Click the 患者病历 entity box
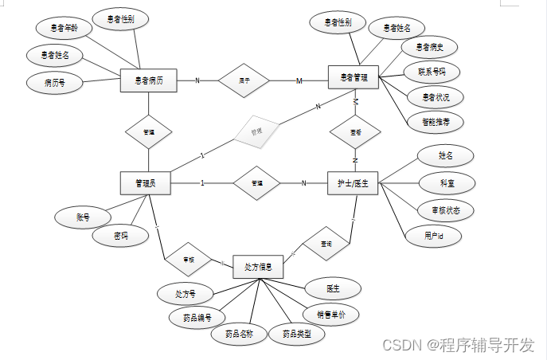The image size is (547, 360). [x=148, y=80]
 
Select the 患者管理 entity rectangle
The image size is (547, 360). [x=354, y=77]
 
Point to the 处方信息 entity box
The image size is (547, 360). [x=258, y=267]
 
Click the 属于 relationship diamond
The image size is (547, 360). [x=245, y=80]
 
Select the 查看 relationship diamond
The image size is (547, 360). [x=354, y=131]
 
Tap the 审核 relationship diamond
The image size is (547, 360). [x=189, y=259]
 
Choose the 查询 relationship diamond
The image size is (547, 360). [x=326, y=242]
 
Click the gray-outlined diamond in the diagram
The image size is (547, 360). [x=256, y=130]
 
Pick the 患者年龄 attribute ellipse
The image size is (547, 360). [x=64, y=28]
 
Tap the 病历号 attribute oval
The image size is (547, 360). [x=55, y=81]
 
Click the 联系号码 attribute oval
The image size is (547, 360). [x=430, y=72]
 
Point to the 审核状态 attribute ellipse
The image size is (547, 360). [x=445, y=209]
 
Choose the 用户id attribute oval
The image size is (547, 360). [x=433, y=236]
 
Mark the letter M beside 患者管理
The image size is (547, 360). [x=300, y=81]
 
